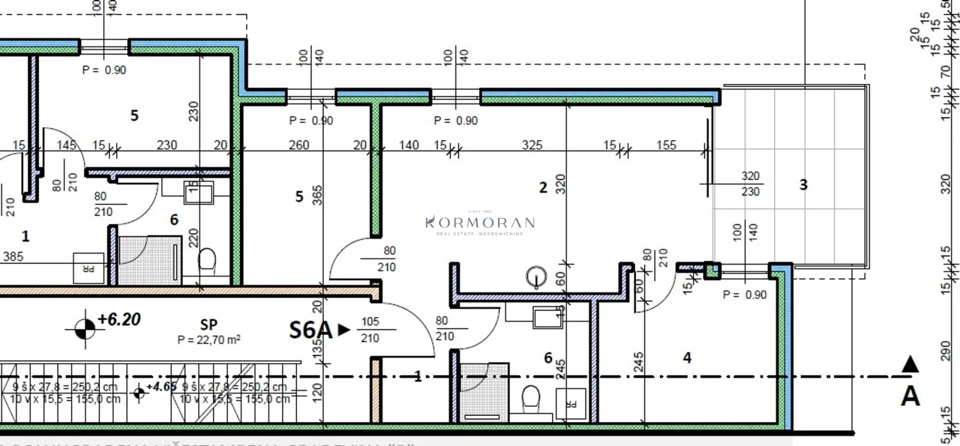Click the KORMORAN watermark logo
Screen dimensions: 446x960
(x=480, y=223)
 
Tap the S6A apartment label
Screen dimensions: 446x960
(x=310, y=330)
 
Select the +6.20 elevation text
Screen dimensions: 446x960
(x=119, y=319)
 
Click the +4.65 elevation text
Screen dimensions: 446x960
(x=161, y=387)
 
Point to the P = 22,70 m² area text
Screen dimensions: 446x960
(x=209, y=340)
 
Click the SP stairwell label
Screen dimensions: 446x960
(x=209, y=325)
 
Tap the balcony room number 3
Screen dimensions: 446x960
(x=803, y=185)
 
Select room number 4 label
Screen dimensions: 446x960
(x=687, y=358)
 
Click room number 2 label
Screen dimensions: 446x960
(x=543, y=188)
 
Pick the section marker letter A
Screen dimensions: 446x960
(x=910, y=397)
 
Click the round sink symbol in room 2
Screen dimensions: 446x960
(x=536, y=277)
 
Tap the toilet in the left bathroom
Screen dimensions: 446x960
(x=207, y=261)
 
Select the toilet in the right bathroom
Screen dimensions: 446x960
(x=530, y=397)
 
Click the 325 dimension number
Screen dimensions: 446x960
(x=532, y=145)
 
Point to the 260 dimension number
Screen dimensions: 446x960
(x=299, y=145)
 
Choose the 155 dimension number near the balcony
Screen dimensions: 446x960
(x=666, y=145)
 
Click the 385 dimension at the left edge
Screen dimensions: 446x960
(x=13, y=257)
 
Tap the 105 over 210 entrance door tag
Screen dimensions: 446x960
(x=370, y=330)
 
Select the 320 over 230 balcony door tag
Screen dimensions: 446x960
(x=750, y=184)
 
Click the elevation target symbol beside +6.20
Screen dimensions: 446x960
(x=85, y=328)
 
